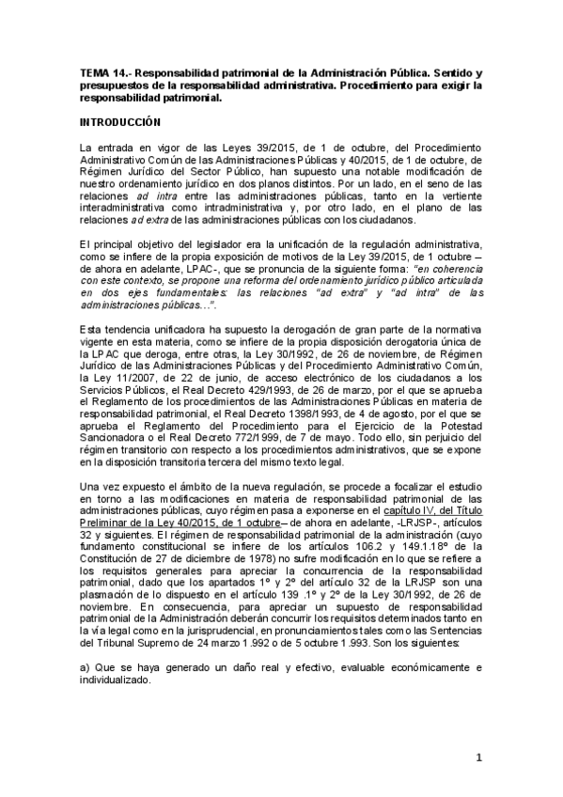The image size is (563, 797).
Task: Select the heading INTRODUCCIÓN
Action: click(x=120, y=122)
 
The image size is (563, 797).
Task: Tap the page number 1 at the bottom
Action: click(x=477, y=758)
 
